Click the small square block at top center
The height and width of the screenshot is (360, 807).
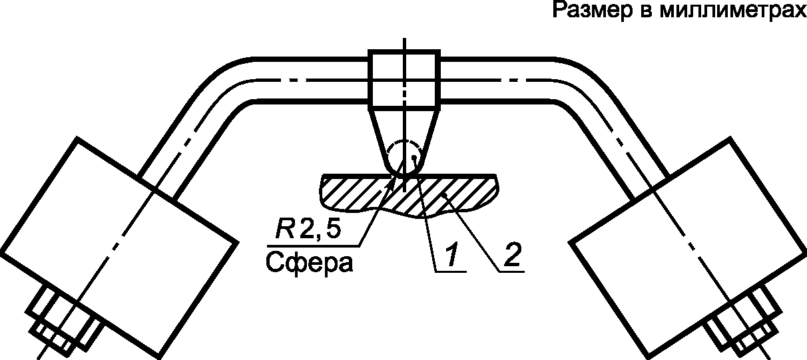pyautogui.click(x=404, y=78)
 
